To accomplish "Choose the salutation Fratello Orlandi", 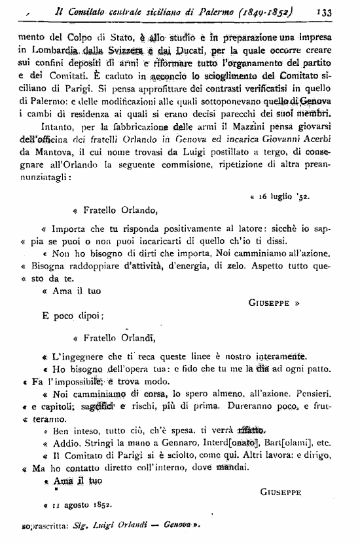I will (120, 338).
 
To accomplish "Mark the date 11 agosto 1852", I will (77, 504).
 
